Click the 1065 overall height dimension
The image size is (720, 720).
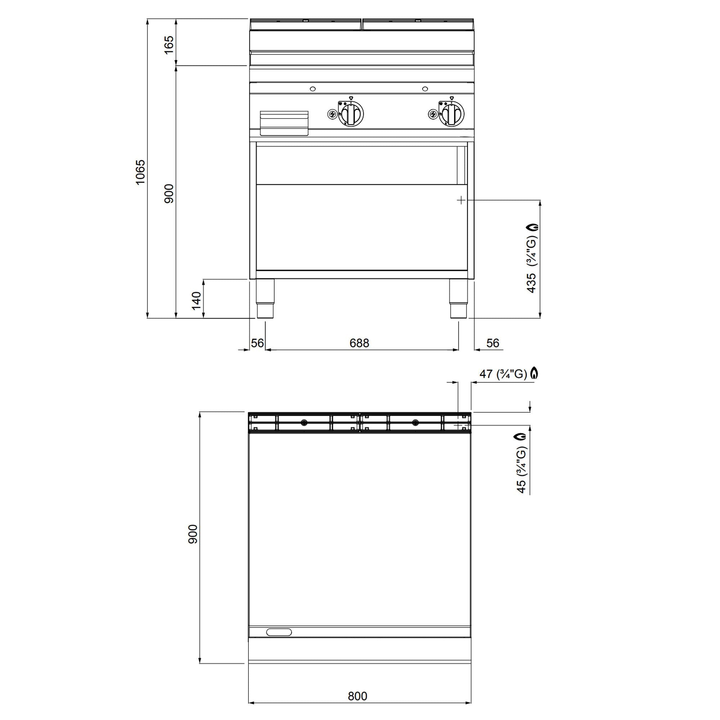140,172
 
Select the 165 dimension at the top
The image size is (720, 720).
169,45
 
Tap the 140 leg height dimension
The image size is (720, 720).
197,300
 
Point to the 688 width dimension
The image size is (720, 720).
359,343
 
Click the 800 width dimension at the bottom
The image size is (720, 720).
357,696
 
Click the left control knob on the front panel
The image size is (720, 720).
351,114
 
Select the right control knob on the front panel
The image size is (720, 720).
452,114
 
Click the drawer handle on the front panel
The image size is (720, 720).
284,123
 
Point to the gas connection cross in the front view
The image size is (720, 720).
461,200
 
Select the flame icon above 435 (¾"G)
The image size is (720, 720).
533,227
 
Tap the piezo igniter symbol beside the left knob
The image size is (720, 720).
332,114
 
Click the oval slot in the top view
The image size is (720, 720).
279,632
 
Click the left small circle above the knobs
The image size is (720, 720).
313,89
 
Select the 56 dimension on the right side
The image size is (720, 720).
493,343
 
